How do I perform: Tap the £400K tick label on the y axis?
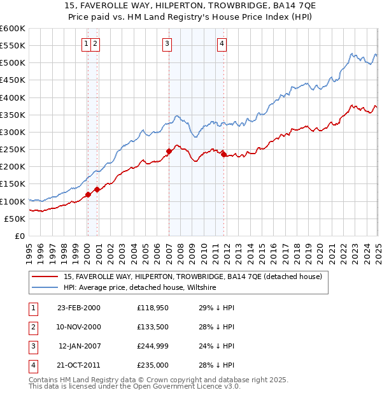click(x=13, y=97)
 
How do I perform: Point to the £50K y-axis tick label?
click(x=15, y=219)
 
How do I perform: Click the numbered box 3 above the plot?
click(x=167, y=44)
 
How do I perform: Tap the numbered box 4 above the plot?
click(x=222, y=44)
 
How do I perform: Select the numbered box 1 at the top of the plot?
click(x=85, y=44)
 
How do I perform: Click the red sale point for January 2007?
click(x=169, y=152)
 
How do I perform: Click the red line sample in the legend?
click(x=45, y=277)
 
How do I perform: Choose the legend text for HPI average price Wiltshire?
click(x=140, y=288)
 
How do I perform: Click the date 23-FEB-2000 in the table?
click(x=78, y=308)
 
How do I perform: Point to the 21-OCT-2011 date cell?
click(x=78, y=365)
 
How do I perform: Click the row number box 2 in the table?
click(x=31, y=327)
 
